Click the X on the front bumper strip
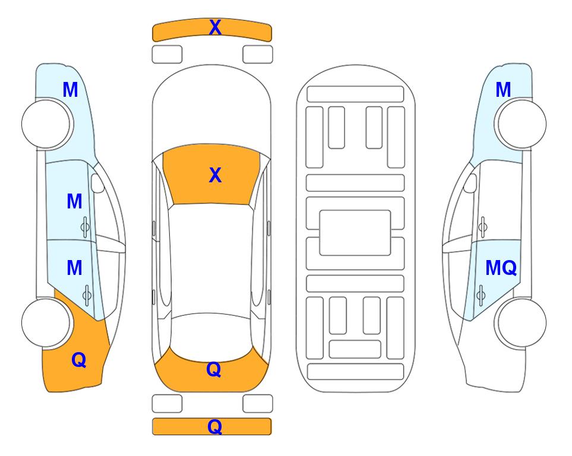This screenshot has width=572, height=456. (215, 27)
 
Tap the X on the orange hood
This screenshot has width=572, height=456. (215, 175)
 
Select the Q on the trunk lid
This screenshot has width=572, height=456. (214, 369)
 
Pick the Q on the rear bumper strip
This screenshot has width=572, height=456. (214, 426)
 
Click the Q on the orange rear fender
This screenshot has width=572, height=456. (79, 360)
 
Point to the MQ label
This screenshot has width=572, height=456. (501, 268)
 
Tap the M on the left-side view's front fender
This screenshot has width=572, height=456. (70, 90)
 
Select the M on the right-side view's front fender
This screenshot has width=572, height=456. (503, 90)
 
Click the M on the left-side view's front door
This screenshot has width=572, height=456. (74, 201)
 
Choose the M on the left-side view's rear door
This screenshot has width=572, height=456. (74, 268)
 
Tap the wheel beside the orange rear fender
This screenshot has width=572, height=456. (46, 323)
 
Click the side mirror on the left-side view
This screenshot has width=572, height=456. (97, 183)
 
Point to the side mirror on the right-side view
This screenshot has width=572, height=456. (470, 183)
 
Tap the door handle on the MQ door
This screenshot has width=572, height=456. (481, 295)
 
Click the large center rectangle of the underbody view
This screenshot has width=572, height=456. (355, 233)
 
